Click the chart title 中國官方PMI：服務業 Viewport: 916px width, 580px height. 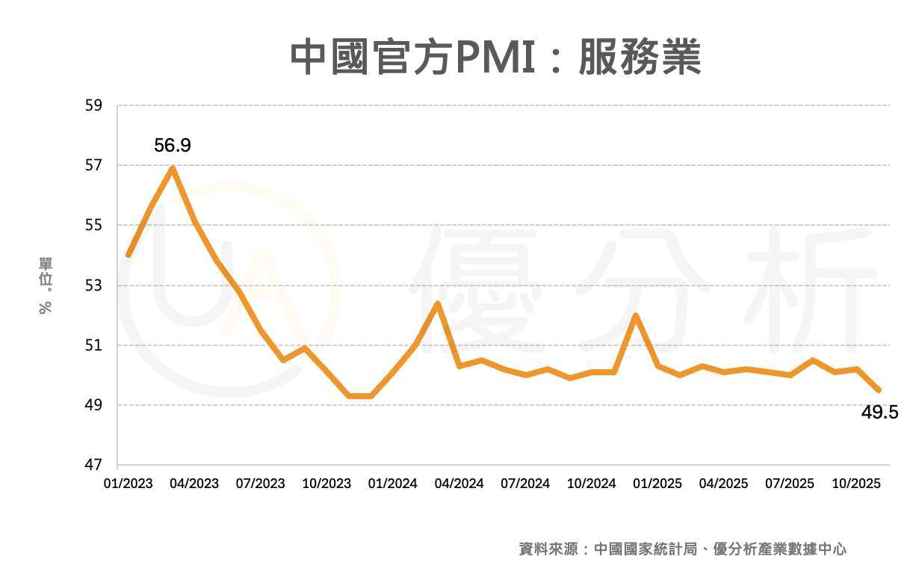click(495, 57)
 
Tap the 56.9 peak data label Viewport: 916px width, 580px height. click(173, 145)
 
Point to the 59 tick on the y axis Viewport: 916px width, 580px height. click(93, 105)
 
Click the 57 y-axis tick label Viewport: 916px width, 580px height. click(93, 165)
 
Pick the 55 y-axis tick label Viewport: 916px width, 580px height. click(93, 225)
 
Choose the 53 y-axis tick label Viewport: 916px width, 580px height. click(93, 286)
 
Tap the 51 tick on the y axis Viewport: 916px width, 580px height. click(93, 345)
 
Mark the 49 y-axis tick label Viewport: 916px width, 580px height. click(93, 405)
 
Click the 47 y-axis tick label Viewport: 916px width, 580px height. click(93, 466)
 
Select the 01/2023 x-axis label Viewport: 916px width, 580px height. click(128, 484)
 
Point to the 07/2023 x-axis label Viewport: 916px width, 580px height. click(260, 484)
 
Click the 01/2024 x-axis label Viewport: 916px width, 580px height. click(392, 484)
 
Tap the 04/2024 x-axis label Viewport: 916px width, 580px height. click(458, 484)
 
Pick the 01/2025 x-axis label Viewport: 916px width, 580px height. click(657, 484)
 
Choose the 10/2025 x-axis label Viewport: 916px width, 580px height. click(856, 484)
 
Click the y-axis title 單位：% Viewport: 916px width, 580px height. click(46, 286)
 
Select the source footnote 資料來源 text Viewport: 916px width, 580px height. click(683, 549)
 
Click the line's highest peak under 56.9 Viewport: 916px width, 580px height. click(173, 167)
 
